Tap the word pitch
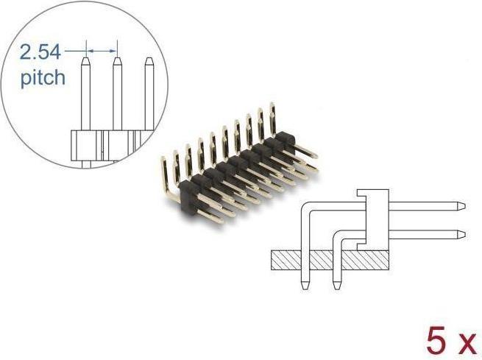pos(43,77)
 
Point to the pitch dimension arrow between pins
pos(102,51)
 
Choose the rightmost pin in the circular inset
pos(149,92)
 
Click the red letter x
pos(464,343)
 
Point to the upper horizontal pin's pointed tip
pos(461,205)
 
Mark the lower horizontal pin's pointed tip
pos(461,235)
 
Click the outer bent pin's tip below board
pos(305,285)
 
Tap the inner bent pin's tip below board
pos(336,285)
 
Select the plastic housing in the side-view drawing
pos(375,217)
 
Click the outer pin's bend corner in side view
pos(308,210)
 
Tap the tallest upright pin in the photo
pos(272,118)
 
